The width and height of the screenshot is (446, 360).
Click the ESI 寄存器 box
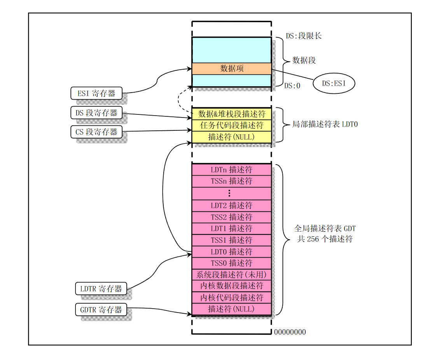[x=96, y=93]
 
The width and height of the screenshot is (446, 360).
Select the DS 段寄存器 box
[x=96, y=113]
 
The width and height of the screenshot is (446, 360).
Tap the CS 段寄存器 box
[x=96, y=132]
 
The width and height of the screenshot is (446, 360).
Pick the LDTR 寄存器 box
[x=101, y=289]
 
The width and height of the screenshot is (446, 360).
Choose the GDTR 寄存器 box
[x=101, y=310]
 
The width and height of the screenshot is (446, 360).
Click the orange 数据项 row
[x=231, y=68]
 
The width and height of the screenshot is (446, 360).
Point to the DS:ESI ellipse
[x=334, y=83]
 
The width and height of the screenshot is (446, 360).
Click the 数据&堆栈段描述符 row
[x=231, y=114]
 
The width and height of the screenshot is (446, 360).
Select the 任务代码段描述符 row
[x=231, y=125]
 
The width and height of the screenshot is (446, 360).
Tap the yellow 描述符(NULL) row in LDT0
[x=231, y=137]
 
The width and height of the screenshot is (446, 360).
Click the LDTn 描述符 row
[x=231, y=170]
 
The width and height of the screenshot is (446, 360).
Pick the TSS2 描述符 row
[x=231, y=217]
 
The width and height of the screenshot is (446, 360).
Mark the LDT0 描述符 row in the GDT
[x=231, y=252]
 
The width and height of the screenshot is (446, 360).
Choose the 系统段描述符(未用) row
[x=231, y=275]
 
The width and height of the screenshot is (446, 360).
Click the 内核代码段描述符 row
[x=231, y=298]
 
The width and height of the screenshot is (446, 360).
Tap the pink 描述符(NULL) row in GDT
[x=231, y=309]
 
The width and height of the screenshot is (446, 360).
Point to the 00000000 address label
[x=290, y=332]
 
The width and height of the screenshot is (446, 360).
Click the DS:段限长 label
[x=304, y=36]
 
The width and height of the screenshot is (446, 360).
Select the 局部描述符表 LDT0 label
[x=325, y=125]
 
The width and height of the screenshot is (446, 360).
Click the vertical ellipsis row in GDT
[x=231, y=193]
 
